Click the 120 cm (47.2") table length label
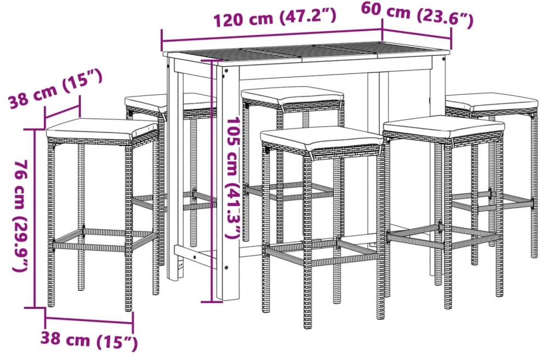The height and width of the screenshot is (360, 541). (274, 17)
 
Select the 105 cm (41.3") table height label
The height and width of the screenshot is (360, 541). (232, 178)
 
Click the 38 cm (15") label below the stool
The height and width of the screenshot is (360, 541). (89, 340)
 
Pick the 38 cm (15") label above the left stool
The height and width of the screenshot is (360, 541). (55, 89)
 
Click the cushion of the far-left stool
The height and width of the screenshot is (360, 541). (101, 129)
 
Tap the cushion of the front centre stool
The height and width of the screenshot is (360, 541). (321, 138)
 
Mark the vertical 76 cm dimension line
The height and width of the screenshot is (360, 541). (35, 218)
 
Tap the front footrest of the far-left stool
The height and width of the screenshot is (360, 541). (89, 247)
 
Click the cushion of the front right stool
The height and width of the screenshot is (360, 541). (443, 127)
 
